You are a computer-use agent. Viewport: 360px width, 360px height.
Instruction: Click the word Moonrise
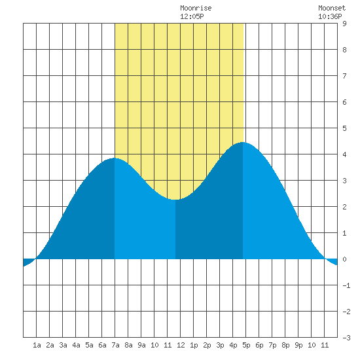(196, 8)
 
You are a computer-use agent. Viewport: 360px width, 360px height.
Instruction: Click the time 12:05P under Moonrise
(192, 16)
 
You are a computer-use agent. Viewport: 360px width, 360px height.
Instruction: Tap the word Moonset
(332, 8)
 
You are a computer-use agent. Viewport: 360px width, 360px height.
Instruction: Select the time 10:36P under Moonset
(330, 16)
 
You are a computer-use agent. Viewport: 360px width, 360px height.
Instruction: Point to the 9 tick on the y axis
(344, 24)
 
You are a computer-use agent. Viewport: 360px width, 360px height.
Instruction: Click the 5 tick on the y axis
(344, 128)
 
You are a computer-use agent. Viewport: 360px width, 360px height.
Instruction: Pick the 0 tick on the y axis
(344, 259)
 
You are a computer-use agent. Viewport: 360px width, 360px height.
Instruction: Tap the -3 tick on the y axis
(346, 338)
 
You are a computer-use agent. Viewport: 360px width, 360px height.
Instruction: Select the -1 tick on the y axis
(346, 285)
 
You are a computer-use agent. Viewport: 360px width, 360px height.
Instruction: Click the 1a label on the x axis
(37, 345)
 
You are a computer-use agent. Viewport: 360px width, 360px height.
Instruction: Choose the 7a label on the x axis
(115, 345)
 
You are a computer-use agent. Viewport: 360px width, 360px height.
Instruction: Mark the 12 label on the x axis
(181, 345)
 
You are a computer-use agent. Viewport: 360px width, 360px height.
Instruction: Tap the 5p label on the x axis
(246, 345)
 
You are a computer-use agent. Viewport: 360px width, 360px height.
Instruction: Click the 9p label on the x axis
(298, 345)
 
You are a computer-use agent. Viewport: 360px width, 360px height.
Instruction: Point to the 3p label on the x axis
(220, 345)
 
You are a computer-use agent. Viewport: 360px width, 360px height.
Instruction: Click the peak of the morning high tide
(114, 158)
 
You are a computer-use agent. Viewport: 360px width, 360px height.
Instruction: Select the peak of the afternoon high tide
(242, 142)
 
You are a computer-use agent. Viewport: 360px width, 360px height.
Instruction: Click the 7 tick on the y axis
(344, 76)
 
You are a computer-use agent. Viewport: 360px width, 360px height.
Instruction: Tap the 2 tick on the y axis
(344, 207)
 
